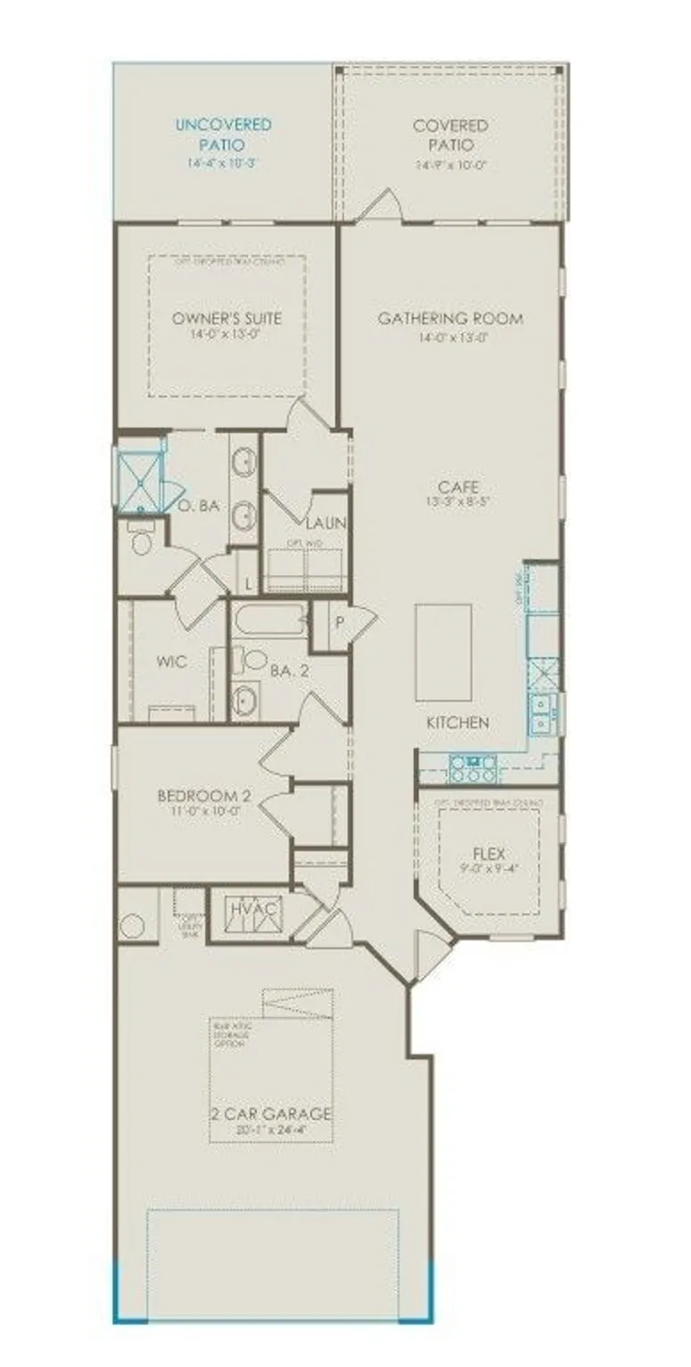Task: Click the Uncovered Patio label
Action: click(x=223, y=134)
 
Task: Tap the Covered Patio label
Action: click(x=450, y=134)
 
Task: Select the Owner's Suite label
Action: click(x=227, y=319)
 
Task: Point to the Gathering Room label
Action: click(x=450, y=319)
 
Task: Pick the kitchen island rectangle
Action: click(x=443, y=652)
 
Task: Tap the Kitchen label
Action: click(x=458, y=722)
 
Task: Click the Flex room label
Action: click(x=489, y=854)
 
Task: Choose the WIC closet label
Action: click(x=171, y=662)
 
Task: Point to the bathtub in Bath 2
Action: click(x=271, y=621)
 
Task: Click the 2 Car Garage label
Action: click(x=271, y=1114)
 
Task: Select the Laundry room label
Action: click(x=324, y=523)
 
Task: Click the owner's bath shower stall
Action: click(x=140, y=478)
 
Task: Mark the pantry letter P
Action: click(x=337, y=622)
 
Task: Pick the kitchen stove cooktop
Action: click(x=473, y=769)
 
